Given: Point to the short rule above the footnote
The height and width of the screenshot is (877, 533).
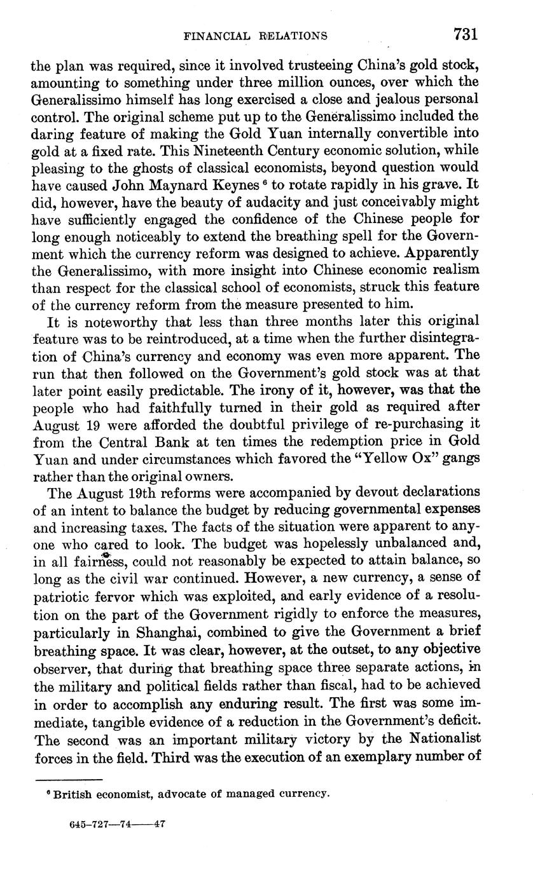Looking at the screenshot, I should point(69,780).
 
